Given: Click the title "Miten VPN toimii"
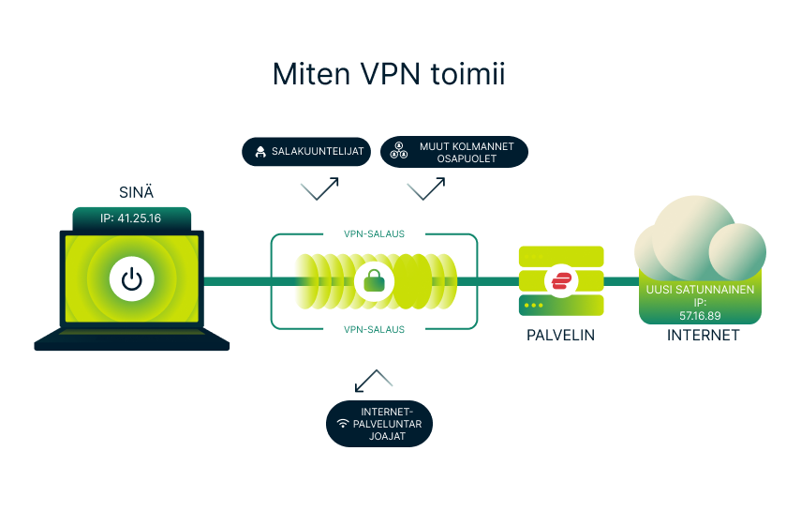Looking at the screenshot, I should pyautogui.click(x=388, y=74).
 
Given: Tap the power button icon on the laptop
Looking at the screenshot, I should pyautogui.click(x=132, y=279).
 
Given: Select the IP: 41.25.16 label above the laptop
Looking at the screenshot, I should pyautogui.click(x=132, y=219).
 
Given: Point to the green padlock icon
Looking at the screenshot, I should pyautogui.click(x=375, y=280).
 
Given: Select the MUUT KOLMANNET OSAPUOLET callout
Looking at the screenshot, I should pyautogui.click(x=454, y=153).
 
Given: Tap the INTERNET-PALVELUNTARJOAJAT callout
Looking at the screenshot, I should pyautogui.click(x=379, y=424).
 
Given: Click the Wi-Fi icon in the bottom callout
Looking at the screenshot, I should pyautogui.click(x=344, y=424).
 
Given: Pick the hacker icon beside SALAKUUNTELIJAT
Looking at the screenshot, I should pyautogui.click(x=259, y=152).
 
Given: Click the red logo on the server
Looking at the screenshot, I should pyautogui.click(x=562, y=280).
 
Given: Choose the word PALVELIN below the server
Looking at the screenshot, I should pyautogui.click(x=561, y=335).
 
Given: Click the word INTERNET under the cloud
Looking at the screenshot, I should pyautogui.click(x=703, y=335).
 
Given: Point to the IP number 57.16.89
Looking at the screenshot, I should pyautogui.click(x=699, y=315).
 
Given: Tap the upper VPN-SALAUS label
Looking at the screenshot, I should pyautogui.click(x=375, y=234).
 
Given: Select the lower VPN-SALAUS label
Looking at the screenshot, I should pyautogui.click(x=375, y=329).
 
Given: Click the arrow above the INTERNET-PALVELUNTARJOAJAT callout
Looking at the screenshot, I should pyautogui.click(x=373, y=381).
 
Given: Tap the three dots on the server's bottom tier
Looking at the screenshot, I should pyautogui.click(x=534, y=306).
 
